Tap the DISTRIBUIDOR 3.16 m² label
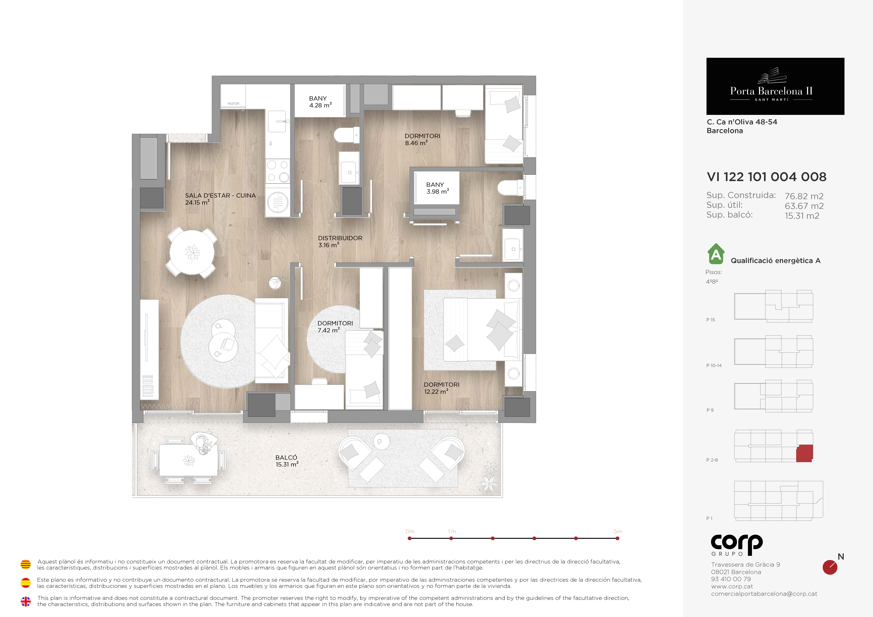coord(340,241)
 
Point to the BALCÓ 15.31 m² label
coord(287,461)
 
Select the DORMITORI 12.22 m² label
coord(441,388)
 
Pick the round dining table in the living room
coord(192,251)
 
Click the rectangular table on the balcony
coord(189,460)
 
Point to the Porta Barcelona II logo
coord(775,86)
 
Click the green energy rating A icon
coord(716,254)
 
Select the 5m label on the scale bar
coord(618,531)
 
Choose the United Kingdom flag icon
coord(25,601)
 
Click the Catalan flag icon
coord(25,565)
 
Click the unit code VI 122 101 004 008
coord(767,177)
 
